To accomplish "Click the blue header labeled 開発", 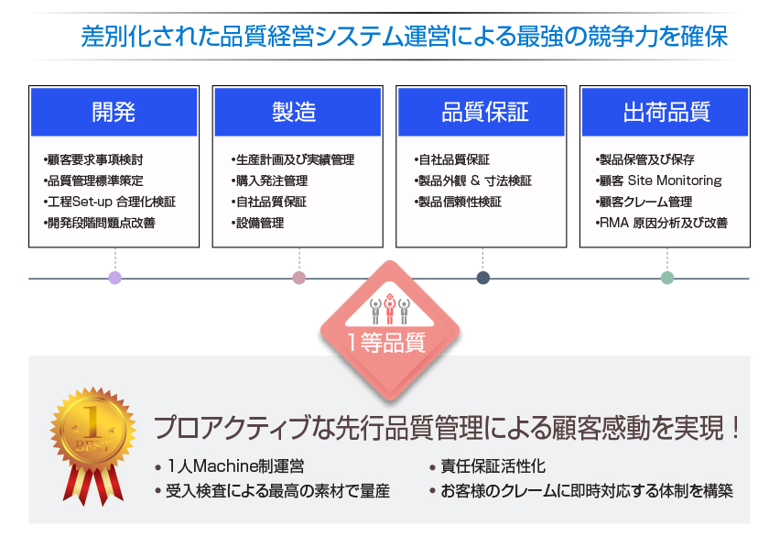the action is pos(114,112).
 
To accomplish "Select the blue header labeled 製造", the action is pos(298,112).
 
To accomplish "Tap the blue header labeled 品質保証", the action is pos(481,112).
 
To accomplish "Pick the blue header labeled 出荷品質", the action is pos(665,112).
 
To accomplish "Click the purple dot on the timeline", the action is pos(115,278).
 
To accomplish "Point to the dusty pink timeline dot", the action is pos(299,278).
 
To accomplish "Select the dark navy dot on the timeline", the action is pos(483,278).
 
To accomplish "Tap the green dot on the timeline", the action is pos(667,278).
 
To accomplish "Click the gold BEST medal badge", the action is pos(93,428).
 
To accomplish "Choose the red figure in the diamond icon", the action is pos(389,309).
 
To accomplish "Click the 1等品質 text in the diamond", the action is pos(386,343).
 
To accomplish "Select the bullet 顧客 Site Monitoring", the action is pos(658,180).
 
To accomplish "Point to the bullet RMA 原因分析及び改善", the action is pos(662,223).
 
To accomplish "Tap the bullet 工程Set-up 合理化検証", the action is pos(110,202).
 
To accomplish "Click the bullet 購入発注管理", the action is pos(269,180).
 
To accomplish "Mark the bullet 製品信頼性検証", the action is pos(458,202).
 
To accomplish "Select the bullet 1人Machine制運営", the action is pos(229,466).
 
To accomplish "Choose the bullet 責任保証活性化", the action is pos(487,466).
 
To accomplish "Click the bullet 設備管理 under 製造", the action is pos(257,223).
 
